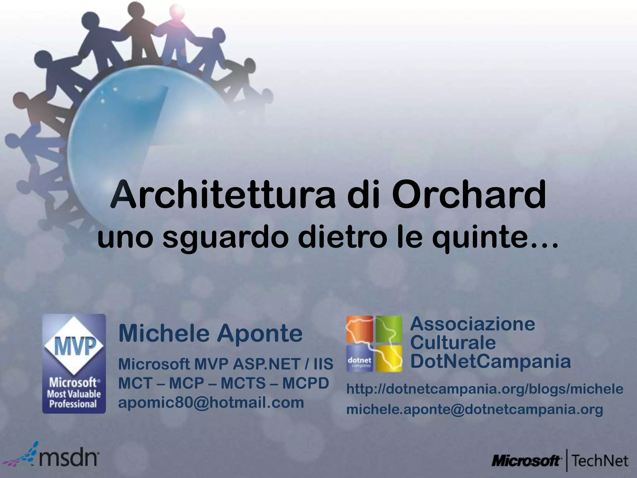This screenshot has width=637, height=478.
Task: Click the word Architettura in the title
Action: coord(223,196)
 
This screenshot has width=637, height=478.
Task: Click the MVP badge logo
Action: coord(74,363)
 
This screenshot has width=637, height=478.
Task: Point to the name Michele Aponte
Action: coord(210,333)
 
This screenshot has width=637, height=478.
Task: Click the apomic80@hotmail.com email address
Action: coord(211,402)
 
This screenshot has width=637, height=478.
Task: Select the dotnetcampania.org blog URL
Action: coord(485,389)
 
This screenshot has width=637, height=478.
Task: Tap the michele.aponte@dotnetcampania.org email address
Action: coord(475,409)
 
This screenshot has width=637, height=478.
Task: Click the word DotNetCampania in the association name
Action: coord(491,361)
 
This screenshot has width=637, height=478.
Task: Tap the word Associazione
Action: coord(472,324)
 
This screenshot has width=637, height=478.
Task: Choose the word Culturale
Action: coord(453,343)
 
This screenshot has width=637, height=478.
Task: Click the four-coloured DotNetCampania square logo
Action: coord(374,344)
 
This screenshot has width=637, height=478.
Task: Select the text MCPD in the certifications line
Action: coord(305,383)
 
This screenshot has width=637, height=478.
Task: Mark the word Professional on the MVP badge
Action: coord(73,404)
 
